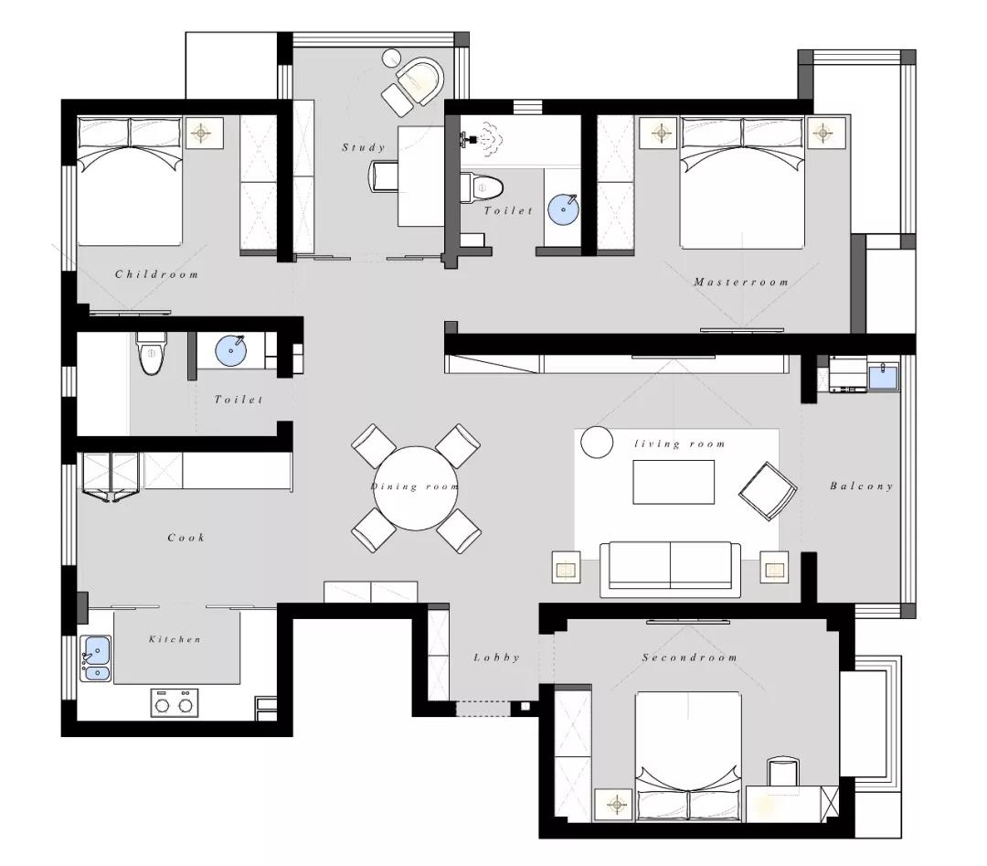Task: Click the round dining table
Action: (416, 488)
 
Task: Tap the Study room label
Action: (363, 147)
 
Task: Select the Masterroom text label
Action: (741, 282)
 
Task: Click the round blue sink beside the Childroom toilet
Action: (231, 350)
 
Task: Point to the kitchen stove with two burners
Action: (174, 703)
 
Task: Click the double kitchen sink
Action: (96, 658)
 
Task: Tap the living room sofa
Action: (670, 569)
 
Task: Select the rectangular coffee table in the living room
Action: (674, 482)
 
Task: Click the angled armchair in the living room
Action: (768, 491)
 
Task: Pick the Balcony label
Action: (861, 486)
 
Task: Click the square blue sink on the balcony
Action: (884, 375)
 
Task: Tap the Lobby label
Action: (496, 657)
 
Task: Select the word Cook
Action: (186, 537)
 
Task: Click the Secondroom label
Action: (689, 657)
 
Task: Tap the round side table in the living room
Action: (596, 442)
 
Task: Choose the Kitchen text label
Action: (175, 638)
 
